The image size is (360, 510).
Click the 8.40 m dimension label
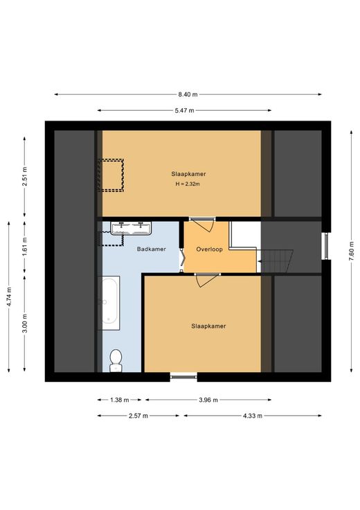coord(188,95)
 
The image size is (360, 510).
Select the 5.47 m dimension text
coord(184,111)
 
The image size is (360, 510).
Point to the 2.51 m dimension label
coord(25,176)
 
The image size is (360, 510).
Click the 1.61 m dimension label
coord(25,247)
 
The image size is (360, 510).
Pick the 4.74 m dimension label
coord(9,297)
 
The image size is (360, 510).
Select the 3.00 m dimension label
coord(25,324)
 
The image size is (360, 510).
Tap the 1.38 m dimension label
coord(120,400)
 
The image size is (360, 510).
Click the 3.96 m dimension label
coord(208,400)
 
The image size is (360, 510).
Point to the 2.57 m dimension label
coord(138,416)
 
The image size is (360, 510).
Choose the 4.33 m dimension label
coord(253,416)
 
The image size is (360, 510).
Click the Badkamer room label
coord(152,249)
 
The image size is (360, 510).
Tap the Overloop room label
coord(209,249)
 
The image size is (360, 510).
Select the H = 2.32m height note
coord(188,184)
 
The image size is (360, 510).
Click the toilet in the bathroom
coord(116,360)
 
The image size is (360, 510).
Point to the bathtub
coord(109,303)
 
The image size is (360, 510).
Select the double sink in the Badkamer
coord(131,228)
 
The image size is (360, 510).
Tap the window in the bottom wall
coord(183,377)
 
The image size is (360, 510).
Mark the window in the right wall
coord(325,246)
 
